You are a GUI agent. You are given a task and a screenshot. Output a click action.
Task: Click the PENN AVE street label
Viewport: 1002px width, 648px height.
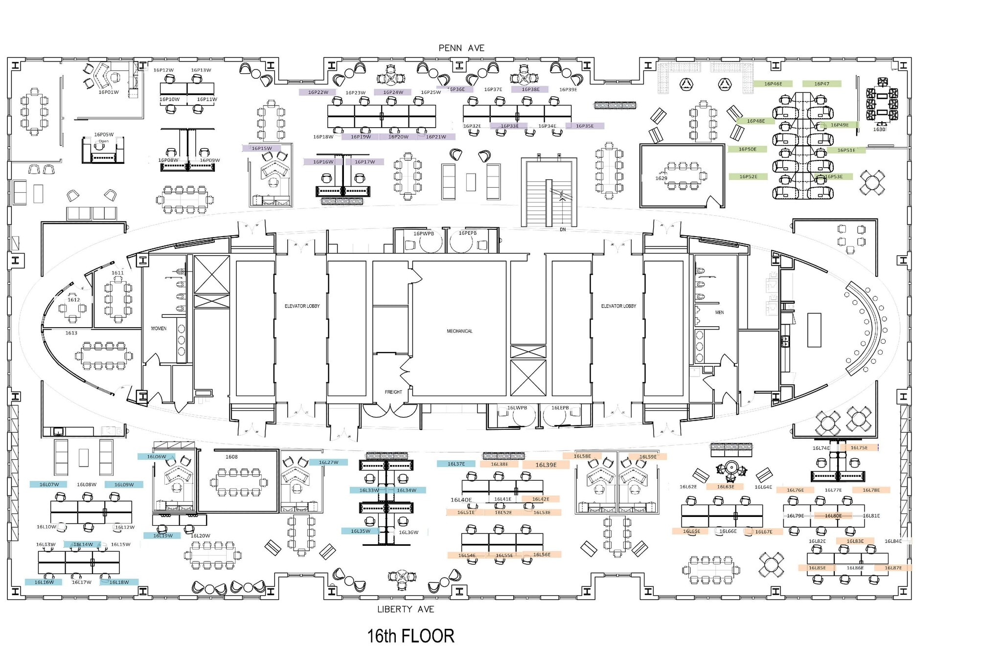click(461, 48)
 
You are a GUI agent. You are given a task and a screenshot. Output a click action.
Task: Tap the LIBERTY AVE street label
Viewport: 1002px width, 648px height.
click(405, 609)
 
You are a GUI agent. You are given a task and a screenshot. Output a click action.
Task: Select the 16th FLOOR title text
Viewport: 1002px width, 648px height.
click(410, 636)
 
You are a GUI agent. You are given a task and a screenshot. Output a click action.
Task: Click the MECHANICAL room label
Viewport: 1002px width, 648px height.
click(459, 331)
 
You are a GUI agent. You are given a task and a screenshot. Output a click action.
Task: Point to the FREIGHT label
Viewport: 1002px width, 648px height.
click(393, 392)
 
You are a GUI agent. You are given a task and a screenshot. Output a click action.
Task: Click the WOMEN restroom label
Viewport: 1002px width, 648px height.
click(159, 329)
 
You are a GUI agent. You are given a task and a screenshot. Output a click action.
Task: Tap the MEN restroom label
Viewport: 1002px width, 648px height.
click(719, 312)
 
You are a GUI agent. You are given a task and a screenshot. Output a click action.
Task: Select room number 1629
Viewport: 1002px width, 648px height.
click(661, 179)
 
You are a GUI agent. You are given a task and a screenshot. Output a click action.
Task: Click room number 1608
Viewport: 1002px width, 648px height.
click(231, 457)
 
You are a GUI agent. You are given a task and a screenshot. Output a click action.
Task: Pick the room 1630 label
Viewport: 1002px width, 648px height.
click(879, 130)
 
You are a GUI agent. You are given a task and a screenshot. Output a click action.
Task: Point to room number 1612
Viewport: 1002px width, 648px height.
click(73, 300)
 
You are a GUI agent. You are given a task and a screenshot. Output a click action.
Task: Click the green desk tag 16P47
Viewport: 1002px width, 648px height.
click(821, 84)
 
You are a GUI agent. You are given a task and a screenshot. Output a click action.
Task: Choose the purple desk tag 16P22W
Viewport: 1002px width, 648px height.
click(318, 92)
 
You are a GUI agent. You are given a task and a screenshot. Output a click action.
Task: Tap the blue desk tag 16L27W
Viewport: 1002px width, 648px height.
click(328, 462)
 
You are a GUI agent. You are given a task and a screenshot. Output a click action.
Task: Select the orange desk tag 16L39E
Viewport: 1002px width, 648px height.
click(546, 465)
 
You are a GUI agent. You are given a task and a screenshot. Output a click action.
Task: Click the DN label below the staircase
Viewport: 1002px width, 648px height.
click(563, 229)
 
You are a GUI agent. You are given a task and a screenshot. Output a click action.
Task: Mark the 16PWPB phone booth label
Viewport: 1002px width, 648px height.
click(423, 234)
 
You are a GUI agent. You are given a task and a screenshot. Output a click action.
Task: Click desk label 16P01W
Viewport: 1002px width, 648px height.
click(109, 92)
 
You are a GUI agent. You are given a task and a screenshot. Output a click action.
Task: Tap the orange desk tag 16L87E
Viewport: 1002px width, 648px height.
click(893, 568)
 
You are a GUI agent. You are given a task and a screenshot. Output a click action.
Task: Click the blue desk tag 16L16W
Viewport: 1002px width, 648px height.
click(44, 582)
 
